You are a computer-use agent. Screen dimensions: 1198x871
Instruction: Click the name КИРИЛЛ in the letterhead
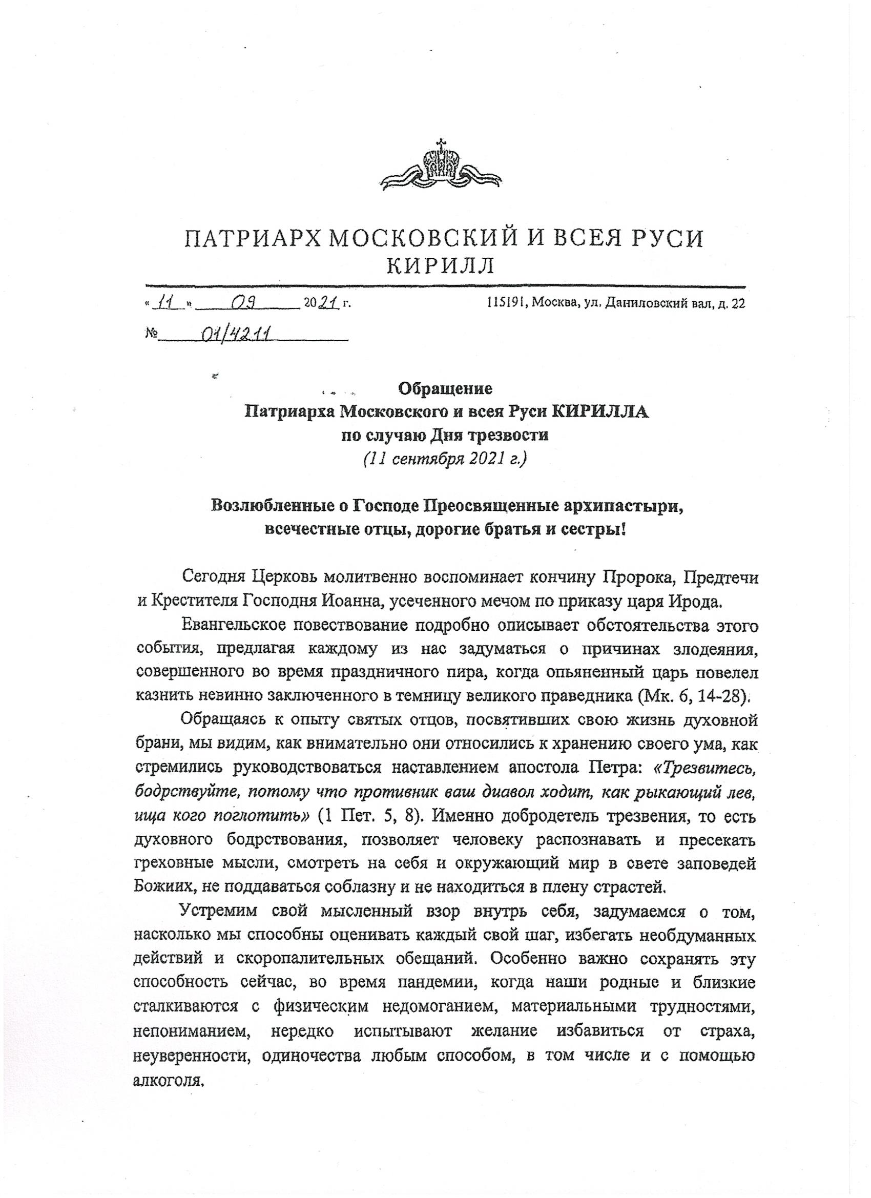click(440, 267)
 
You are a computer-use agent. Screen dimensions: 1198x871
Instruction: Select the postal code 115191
click(507, 304)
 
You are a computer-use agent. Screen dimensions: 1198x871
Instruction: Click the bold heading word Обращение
click(445, 389)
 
